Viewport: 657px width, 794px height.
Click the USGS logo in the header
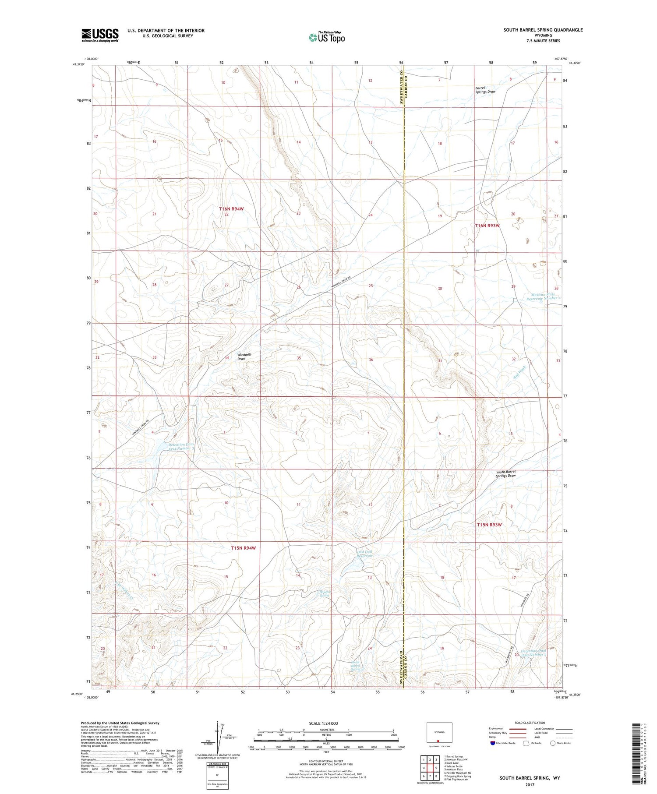coord(100,35)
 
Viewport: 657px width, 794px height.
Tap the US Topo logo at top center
coord(326,37)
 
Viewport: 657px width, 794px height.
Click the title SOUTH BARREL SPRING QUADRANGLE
coord(543,30)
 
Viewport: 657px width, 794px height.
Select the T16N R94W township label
coord(231,209)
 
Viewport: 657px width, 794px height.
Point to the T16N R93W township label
coord(487,226)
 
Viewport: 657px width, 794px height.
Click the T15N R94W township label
coord(243,548)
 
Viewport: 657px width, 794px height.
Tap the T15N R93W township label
coord(489,524)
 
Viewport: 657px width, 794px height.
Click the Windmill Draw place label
coord(244,356)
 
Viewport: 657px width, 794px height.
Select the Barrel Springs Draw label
coord(485,89)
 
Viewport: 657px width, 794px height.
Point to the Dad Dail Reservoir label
coord(364,554)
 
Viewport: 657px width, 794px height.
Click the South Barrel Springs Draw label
coord(505,473)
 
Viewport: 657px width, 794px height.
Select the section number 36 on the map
coord(371,360)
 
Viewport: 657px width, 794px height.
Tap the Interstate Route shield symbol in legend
coord(493,743)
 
